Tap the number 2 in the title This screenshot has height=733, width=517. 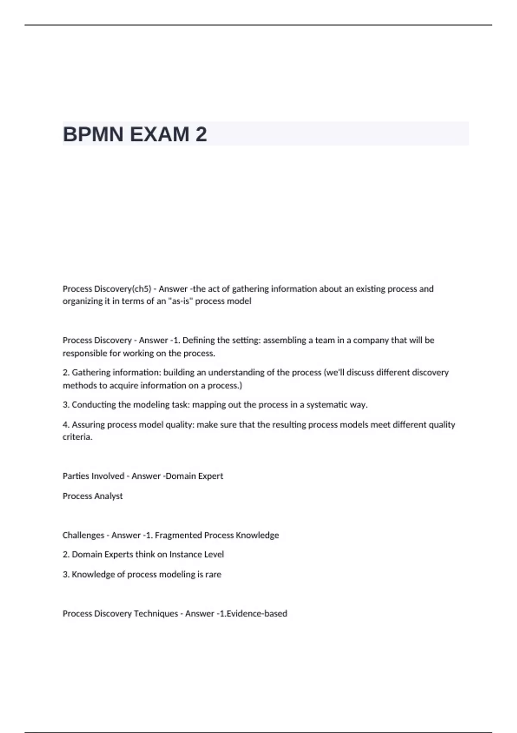(201, 135)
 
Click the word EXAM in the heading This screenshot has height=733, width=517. (159, 135)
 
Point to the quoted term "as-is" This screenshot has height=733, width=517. (180, 301)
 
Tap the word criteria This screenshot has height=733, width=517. (77, 437)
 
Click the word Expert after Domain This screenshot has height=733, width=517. (210, 476)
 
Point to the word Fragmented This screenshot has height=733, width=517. (178, 535)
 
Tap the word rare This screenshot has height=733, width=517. (214, 574)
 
